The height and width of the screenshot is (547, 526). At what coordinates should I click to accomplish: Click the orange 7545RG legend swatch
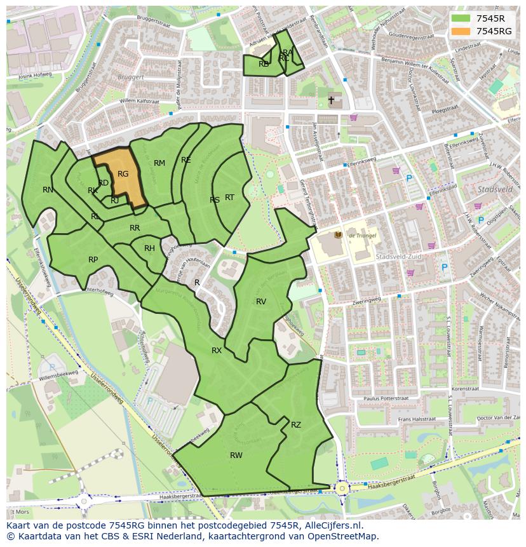461,31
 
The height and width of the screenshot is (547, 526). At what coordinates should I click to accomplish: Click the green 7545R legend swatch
461,18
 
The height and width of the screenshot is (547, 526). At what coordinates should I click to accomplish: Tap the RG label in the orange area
123,174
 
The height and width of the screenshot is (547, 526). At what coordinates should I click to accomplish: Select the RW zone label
236,455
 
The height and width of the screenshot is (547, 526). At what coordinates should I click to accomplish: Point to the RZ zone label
296,425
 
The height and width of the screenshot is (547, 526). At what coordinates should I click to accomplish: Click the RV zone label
261,301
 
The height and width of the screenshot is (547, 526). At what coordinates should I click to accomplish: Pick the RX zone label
217,351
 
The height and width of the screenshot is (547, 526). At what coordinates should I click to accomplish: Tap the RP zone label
93,259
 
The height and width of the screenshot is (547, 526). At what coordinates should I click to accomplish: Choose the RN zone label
48,190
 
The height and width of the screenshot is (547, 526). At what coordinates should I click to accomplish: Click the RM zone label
159,163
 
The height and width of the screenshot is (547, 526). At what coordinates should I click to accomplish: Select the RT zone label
229,198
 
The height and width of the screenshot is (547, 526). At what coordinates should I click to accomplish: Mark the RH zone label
149,248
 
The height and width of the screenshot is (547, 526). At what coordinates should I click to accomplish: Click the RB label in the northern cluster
264,64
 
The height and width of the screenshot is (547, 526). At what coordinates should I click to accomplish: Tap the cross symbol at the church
331,100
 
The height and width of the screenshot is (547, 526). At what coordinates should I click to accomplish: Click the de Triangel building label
361,236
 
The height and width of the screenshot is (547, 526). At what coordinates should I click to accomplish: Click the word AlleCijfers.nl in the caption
333,525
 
